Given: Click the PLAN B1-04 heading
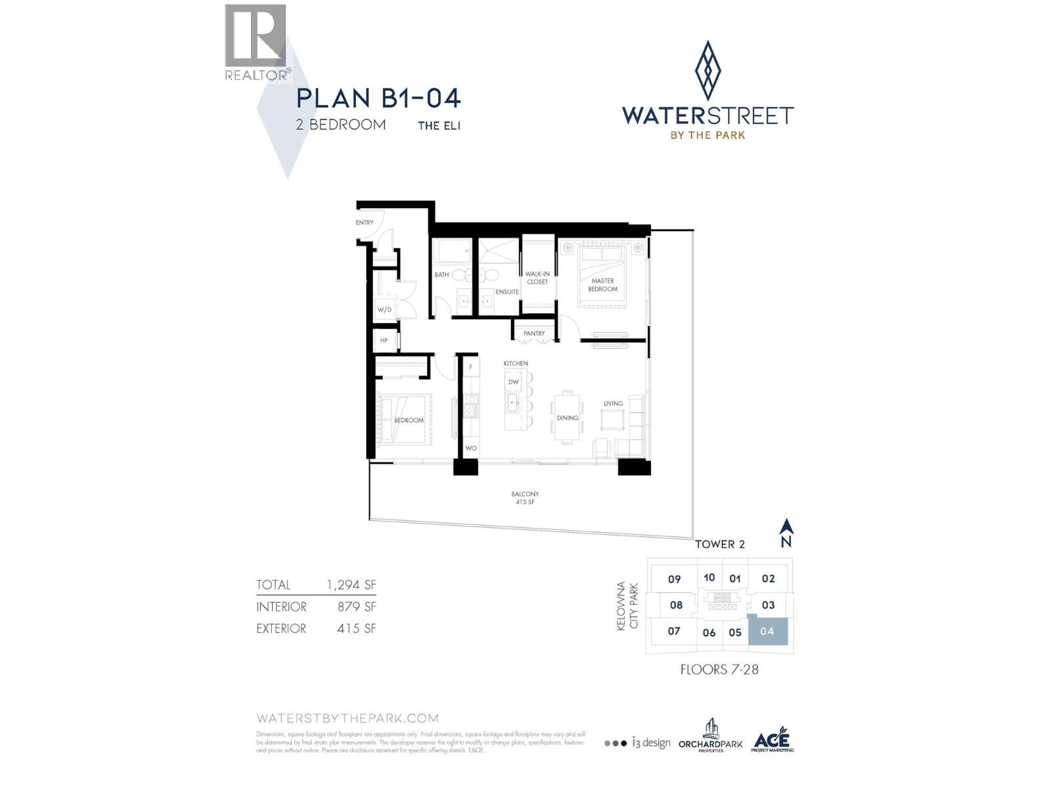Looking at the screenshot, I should pyautogui.click(x=378, y=98).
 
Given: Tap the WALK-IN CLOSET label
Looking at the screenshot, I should pyautogui.click(x=537, y=278).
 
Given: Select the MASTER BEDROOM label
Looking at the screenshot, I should pyautogui.click(x=603, y=285).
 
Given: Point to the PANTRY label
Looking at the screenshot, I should pyautogui.click(x=534, y=334).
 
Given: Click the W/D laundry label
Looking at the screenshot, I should pyautogui.click(x=384, y=310).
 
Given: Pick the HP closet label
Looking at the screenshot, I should pyautogui.click(x=384, y=341).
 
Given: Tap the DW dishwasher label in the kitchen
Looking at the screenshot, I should pyautogui.click(x=514, y=382).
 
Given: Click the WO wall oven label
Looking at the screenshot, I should pyautogui.click(x=470, y=449).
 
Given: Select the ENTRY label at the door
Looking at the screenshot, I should pyautogui.click(x=365, y=223).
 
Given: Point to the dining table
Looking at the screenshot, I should pyautogui.click(x=568, y=416).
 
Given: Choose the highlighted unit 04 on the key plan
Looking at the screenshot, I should pyautogui.click(x=767, y=631).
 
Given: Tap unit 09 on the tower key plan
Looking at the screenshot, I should pyautogui.click(x=674, y=579).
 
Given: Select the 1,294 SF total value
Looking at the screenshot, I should pyautogui.click(x=351, y=584).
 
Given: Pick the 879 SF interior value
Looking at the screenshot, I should pyautogui.click(x=357, y=607).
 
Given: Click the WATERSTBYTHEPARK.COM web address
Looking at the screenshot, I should pyautogui.click(x=347, y=718).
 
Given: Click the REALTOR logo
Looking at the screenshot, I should pyautogui.click(x=256, y=43).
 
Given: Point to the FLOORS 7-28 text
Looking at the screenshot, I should pyautogui.click(x=719, y=670).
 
